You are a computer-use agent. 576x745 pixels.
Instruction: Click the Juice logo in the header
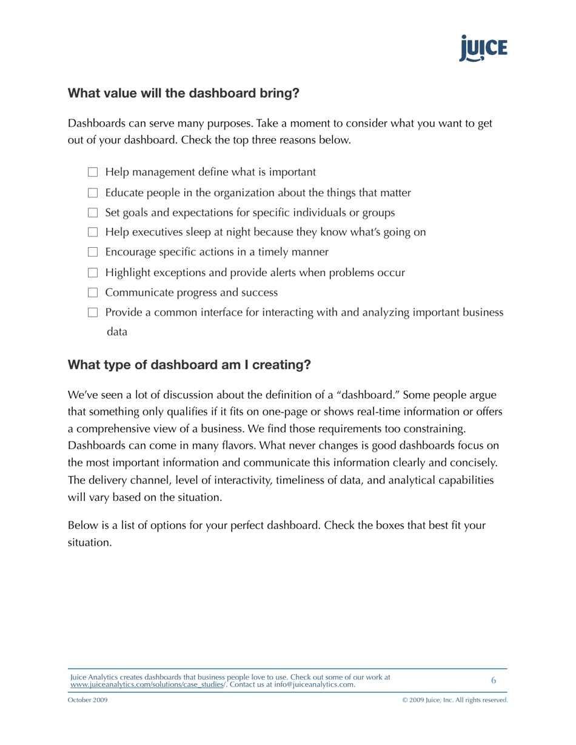(483, 48)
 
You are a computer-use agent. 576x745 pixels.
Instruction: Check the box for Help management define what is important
(93, 173)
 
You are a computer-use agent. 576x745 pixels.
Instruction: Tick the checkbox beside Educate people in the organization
(93, 193)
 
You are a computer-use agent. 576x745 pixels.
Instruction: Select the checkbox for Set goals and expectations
(93, 213)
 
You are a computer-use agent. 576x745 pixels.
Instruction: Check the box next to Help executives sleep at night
(93, 233)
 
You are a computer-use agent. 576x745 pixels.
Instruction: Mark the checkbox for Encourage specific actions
(93, 253)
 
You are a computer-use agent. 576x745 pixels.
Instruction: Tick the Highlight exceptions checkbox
(93, 273)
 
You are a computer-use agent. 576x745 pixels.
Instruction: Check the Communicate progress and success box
(93, 293)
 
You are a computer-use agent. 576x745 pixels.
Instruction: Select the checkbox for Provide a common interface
(93, 313)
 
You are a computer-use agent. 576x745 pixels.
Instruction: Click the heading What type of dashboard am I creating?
(189, 365)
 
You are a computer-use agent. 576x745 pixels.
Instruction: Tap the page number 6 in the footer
(494, 680)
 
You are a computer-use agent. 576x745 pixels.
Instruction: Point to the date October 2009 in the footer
(88, 700)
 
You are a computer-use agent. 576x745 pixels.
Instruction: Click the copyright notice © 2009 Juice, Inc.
(455, 700)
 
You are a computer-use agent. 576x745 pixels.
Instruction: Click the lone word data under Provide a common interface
(117, 332)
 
